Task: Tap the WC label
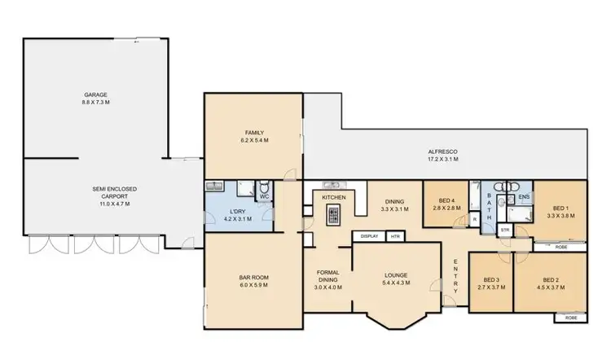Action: pos(264,196)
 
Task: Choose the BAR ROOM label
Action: pos(254,281)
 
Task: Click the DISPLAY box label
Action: pos(368,236)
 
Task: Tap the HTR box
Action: pos(395,236)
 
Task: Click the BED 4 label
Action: pos(447,204)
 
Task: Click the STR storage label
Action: pos(504,230)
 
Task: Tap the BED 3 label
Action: pos(491,283)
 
